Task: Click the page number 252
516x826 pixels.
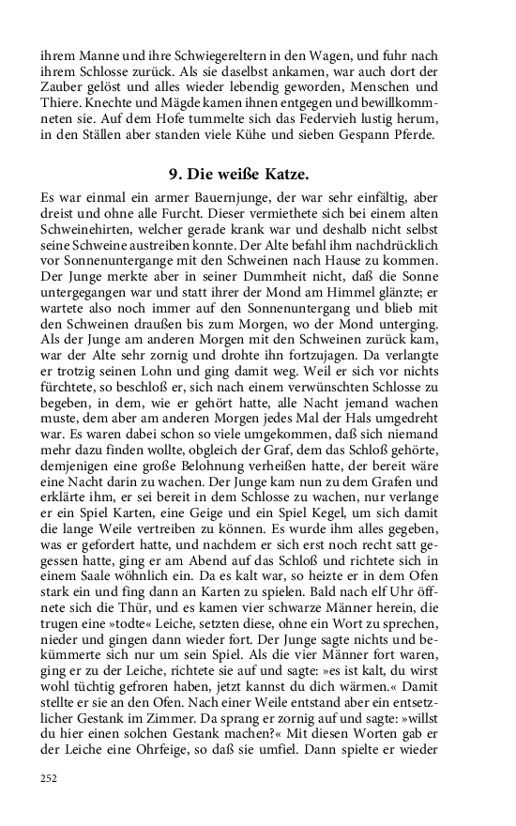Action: [x=50, y=778]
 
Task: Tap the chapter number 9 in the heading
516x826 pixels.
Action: [x=174, y=175]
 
